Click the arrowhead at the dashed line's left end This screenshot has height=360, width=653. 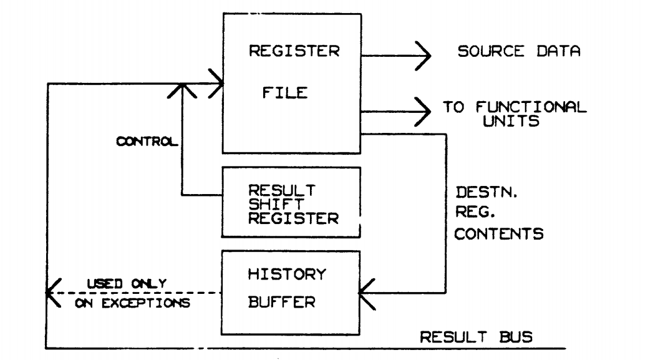pos(52,293)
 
